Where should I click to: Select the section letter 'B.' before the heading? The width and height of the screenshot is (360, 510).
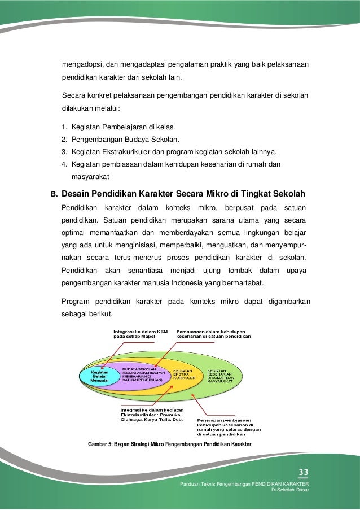pos(55,194)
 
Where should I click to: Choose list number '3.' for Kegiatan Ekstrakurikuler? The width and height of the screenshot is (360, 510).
pos(64,151)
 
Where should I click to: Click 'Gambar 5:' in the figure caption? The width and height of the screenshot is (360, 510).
pos(102,444)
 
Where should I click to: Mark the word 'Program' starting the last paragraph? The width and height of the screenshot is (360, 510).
pos(76,300)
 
